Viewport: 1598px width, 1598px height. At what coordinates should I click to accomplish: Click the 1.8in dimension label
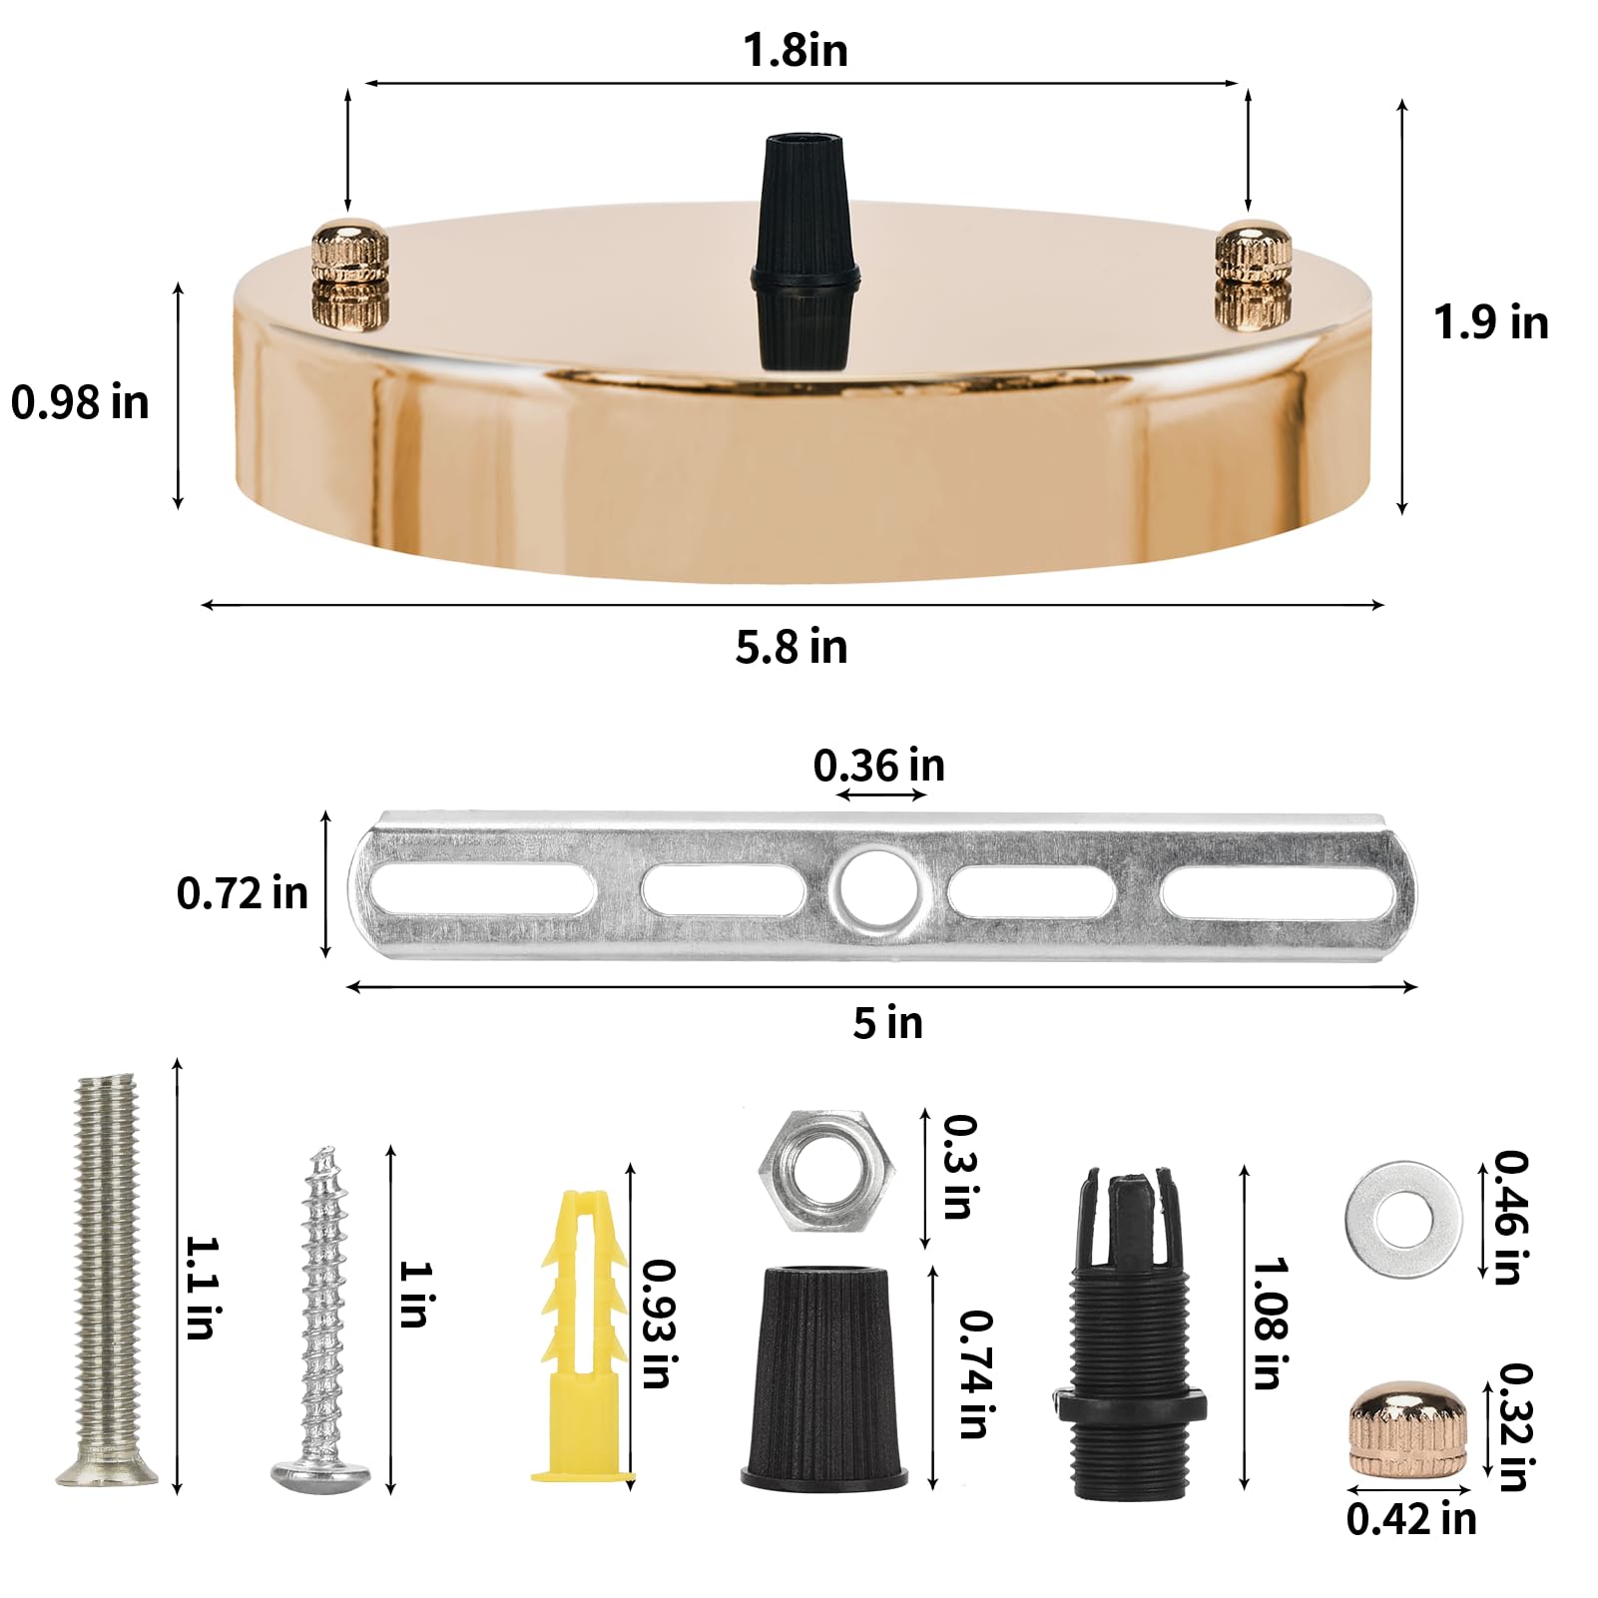796,50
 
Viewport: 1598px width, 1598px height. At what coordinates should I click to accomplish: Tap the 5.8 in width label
792,647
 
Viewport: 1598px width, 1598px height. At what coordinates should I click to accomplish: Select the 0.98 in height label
80,402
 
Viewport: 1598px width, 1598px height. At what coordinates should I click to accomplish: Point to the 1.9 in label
1490,322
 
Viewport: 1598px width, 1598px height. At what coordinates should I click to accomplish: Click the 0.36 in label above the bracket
878,766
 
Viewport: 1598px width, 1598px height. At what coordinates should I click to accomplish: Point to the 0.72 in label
243,892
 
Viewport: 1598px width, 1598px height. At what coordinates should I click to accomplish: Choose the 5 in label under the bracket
887,1023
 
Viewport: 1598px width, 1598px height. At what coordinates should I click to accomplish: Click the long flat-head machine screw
106,1278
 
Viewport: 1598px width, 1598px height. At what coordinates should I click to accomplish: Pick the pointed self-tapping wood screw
321,1328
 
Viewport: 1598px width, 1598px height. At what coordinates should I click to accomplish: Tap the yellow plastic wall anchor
583,1337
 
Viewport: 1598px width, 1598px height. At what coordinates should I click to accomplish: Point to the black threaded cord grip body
1129,1337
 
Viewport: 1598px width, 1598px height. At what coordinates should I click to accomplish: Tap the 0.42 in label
1410,1519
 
